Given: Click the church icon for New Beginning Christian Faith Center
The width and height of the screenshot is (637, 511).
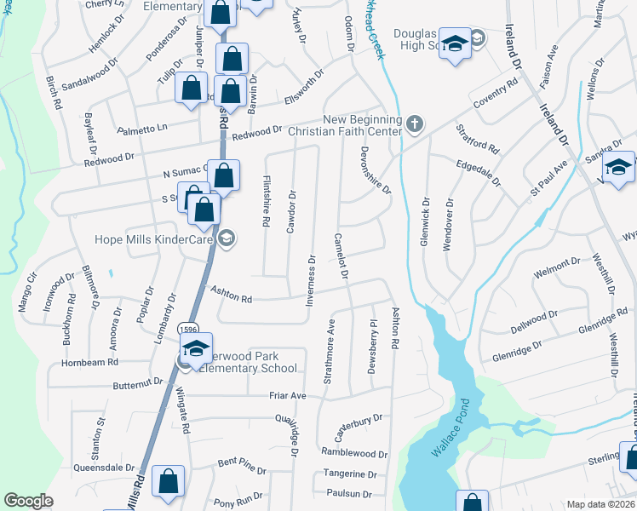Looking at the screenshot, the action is (x=415, y=125).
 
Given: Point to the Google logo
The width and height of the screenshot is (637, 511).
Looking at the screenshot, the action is (x=28, y=500).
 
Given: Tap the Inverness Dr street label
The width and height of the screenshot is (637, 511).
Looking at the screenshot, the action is (x=312, y=281).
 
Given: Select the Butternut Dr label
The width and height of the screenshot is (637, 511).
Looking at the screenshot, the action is (x=137, y=385).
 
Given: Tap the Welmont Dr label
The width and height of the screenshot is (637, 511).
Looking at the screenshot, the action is (x=556, y=273).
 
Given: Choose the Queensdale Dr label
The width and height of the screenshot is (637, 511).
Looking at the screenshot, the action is (x=106, y=467).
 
